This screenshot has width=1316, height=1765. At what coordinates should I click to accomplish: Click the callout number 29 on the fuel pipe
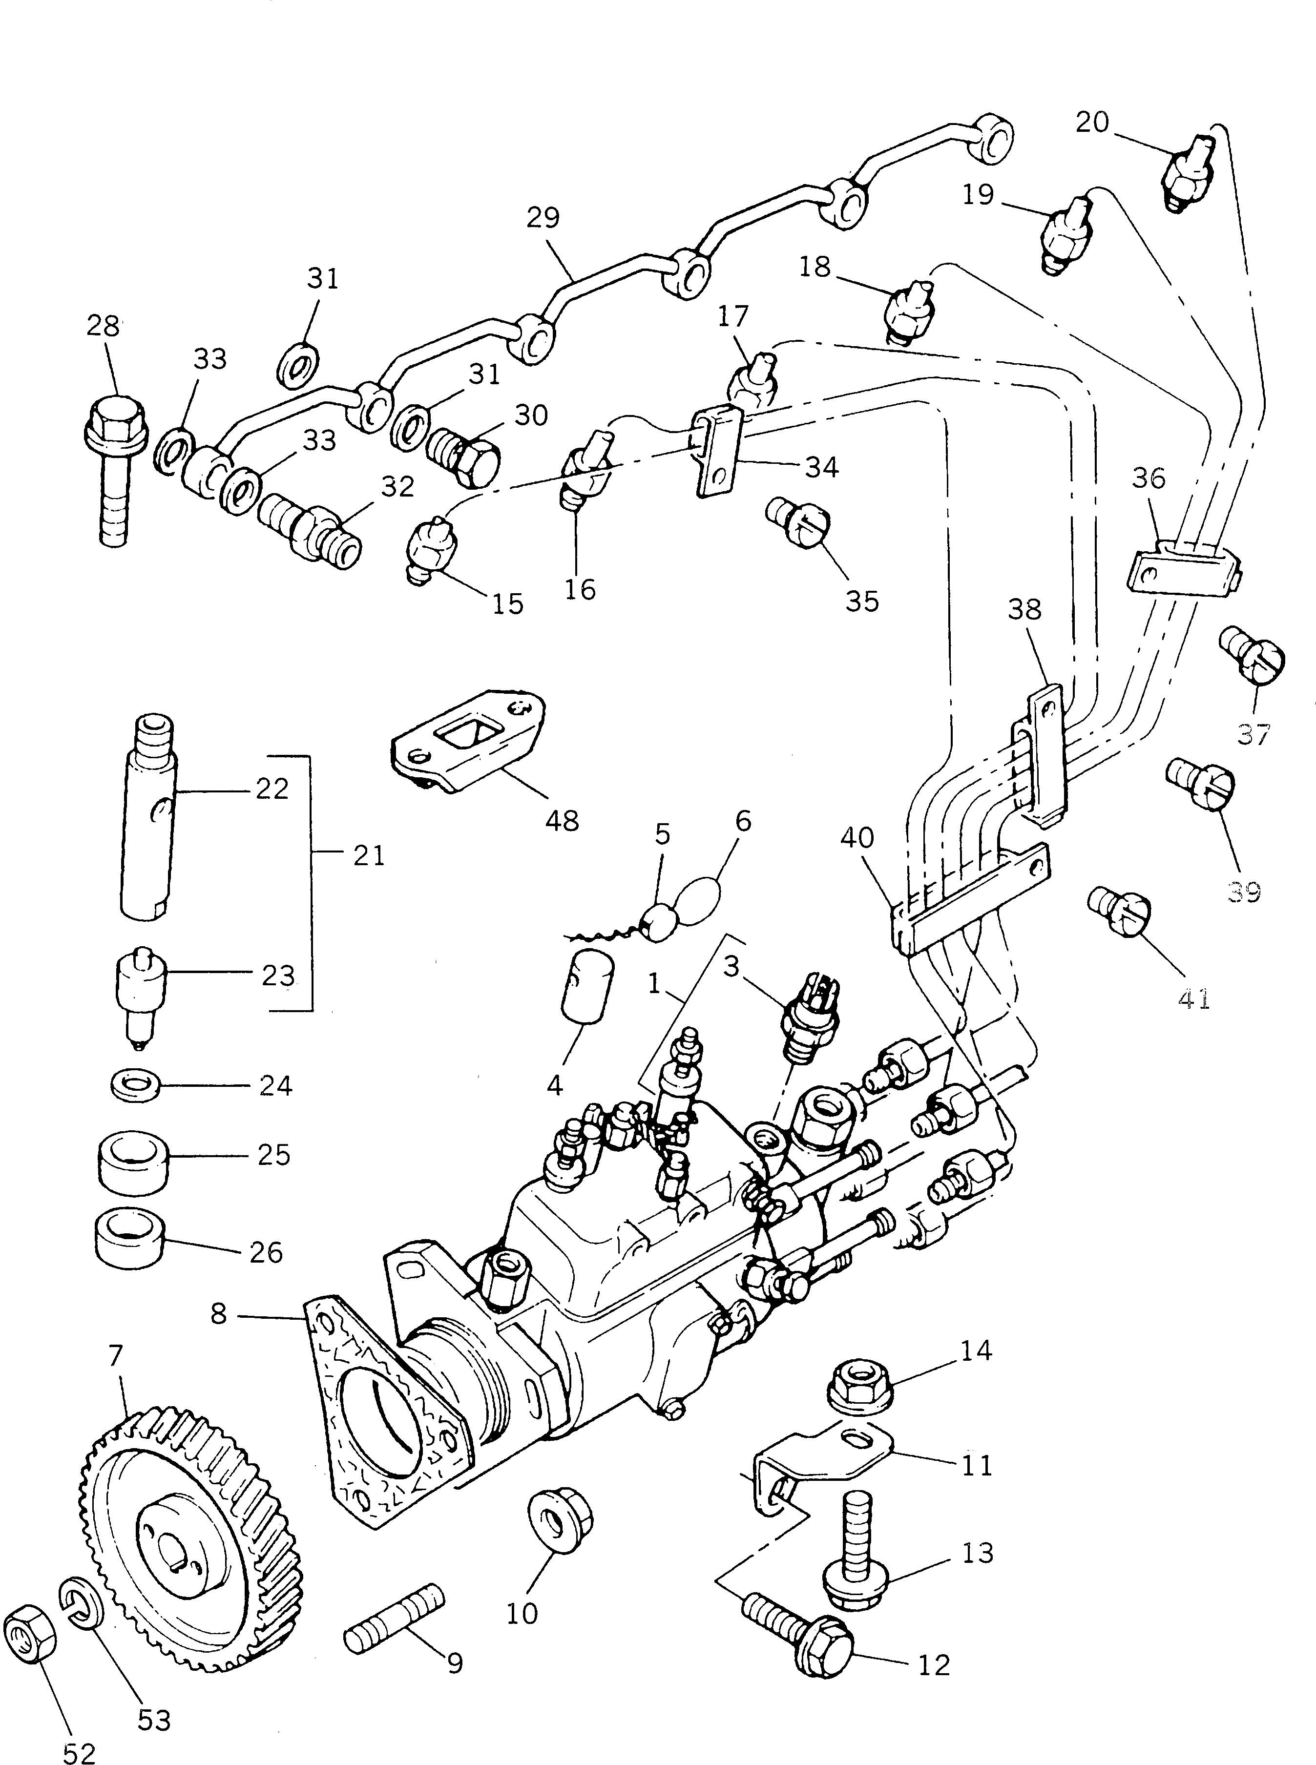click(543, 217)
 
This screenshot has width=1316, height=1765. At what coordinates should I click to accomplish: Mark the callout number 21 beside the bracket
click(368, 856)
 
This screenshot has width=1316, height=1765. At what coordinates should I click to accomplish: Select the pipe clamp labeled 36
click(1185, 568)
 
